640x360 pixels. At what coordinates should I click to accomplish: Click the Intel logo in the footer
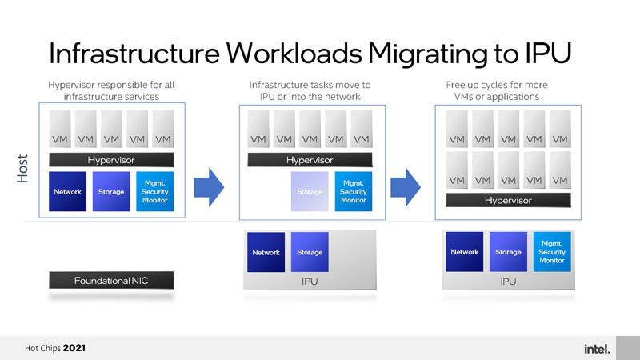tap(597, 349)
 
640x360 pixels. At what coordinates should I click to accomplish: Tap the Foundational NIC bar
tap(111, 280)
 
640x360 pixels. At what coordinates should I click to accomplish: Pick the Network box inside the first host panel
tap(67, 192)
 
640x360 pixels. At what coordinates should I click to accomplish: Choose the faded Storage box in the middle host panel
tap(310, 192)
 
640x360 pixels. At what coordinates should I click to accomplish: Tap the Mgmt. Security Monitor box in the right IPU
tap(552, 252)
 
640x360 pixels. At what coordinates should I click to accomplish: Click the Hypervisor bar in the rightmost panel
tap(508, 200)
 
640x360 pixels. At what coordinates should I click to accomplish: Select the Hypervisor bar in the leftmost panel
tap(111, 160)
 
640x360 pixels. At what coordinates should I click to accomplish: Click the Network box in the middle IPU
tap(266, 252)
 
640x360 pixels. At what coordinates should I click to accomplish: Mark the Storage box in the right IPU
tap(508, 252)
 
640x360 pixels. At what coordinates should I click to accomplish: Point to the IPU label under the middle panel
tap(310, 282)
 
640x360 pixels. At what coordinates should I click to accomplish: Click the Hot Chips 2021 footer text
tap(55, 349)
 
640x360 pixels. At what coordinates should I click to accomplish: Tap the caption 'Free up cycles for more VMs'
tap(508, 90)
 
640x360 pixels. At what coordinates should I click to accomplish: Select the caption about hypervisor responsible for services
tap(111, 90)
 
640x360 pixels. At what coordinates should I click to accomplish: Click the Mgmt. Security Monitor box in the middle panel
tap(354, 192)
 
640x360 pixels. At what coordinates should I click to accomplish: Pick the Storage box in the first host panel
tap(111, 192)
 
